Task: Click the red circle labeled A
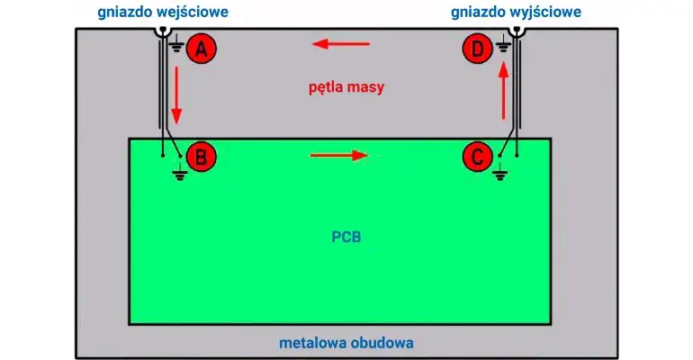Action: pos(201,49)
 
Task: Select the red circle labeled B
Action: pos(201,157)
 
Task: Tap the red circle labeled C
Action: pos(477,157)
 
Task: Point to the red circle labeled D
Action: pos(477,49)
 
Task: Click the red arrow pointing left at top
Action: pos(341,44)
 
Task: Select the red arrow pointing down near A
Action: pos(176,95)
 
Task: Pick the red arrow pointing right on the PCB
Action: pos(339,155)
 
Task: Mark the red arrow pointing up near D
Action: pos(503,91)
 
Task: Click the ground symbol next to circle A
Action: pos(176,43)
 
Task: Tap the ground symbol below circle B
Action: pos(179,172)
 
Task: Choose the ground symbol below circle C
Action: pos(499,172)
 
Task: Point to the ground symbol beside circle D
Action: pos(503,43)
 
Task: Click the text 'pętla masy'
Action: pos(346,87)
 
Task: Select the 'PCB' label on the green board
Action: pos(346,237)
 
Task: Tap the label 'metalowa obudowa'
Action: pos(346,343)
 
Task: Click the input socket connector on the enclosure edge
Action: pos(163,30)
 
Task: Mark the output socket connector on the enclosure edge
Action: pos(517,30)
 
